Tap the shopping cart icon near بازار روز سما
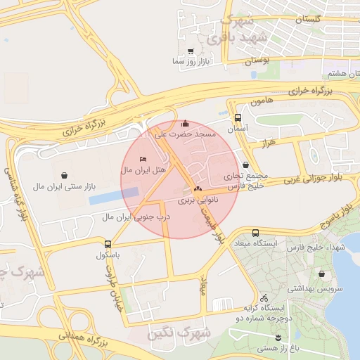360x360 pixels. pyautogui.click(x=191, y=51)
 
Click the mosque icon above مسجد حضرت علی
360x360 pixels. pyautogui.click(x=185, y=123)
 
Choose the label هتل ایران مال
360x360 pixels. pyautogui.click(x=143, y=170)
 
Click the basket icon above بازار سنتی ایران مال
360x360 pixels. pyautogui.click(x=65, y=174)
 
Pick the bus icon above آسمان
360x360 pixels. pyautogui.click(x=238, y=119)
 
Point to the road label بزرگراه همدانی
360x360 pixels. pyautogui.click(x=82, y=342)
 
